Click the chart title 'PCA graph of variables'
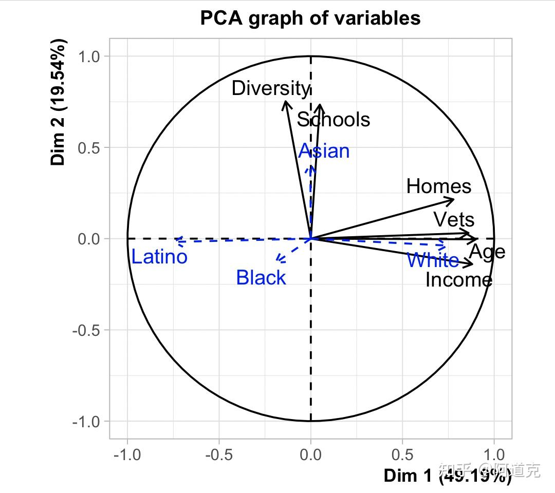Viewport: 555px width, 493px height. (x=310, y=18)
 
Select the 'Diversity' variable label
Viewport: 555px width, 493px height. (x=271, y=88)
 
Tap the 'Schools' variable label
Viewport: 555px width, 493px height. (x=333, y=120)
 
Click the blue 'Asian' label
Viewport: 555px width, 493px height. (x=324, y=151)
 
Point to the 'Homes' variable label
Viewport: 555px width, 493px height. (x=438, y=186)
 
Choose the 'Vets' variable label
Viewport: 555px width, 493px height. (x=454, y=220)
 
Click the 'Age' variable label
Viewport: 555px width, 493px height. (x=487, y=252)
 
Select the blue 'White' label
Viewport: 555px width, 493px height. (x=433, y=260)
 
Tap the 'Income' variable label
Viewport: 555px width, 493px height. (x=459, y=280)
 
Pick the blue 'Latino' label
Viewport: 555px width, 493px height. (x=159, y=257)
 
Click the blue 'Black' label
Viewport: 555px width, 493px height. (x=261, y=278)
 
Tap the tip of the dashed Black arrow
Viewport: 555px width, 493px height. (x=277, y=261)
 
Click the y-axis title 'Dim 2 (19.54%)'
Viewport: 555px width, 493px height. (x=59, y=102)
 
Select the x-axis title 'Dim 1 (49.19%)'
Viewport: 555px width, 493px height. (x=447, y=476)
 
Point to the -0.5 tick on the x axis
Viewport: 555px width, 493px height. (x=219, y=455)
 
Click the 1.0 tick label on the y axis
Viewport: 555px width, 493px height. (x=90, y=56)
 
